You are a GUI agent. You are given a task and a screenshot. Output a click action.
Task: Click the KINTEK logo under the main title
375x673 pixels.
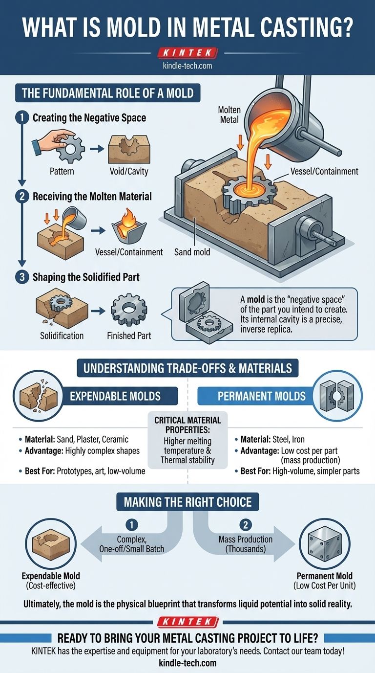tap(187, 53)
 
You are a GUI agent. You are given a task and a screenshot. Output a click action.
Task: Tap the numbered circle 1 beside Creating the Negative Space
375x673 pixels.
tap(21, 118)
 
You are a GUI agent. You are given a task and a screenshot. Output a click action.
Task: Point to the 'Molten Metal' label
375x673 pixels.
tap(229, 114)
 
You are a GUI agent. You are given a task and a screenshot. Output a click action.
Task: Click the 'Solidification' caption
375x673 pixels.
tap(62, 336)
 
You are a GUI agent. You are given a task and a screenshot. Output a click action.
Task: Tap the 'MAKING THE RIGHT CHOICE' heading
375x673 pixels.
tap(187, 502)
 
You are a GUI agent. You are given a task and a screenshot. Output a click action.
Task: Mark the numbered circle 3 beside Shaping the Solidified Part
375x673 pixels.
tap(21, 277)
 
